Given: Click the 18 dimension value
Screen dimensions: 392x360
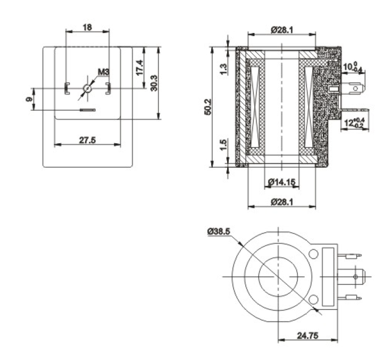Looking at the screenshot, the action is pyautogui.click(x=87, y=27).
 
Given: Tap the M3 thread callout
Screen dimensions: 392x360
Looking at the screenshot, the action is pyautogui.click(x=104, y=72).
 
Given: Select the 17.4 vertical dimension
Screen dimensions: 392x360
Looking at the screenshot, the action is pyautogui.click(x=139, y=67).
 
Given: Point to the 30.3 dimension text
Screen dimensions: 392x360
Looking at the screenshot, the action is pyautogui.click(x=154, y=83).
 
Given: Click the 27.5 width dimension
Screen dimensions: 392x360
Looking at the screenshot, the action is pyautogui.click(x=88, y=140).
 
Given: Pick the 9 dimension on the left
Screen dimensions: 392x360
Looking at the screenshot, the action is pyautogui.click(x=29, y=99).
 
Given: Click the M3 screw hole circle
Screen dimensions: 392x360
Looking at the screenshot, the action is pyautogui.click(x=87, y=88).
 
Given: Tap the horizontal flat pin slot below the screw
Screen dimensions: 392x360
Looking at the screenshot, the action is pyautogui.click(x=88, y=110).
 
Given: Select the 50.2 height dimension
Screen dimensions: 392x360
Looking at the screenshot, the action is pyautogui.click(x=208, y=107).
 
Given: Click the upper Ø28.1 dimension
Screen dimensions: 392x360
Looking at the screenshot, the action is pyautogui.click(x=282, y=30).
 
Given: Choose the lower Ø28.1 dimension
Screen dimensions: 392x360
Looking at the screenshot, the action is pyautogui.click(x=282, y=201).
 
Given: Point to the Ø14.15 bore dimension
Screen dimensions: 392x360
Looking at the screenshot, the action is pyautogui.click(x=282, y=182).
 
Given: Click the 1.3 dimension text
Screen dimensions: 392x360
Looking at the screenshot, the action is pyautogui.click(x=224, y=69).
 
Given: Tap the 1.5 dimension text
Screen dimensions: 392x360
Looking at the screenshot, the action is pyautogui.click(x=224, y=145).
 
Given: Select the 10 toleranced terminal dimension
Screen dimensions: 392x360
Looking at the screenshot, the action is pyautogui.click(x=353, y=67).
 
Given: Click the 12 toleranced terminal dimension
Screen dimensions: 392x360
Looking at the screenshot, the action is pyautogui.click(x=354, y=122).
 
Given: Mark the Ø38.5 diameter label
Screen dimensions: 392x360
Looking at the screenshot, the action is pyautogui.click(x=218, y=232).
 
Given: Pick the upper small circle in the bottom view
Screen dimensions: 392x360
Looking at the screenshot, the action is pyautogui.click(x=313, y=254).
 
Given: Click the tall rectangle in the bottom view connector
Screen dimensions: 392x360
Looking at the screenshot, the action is pyautogui.click(x=328, y=276).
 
